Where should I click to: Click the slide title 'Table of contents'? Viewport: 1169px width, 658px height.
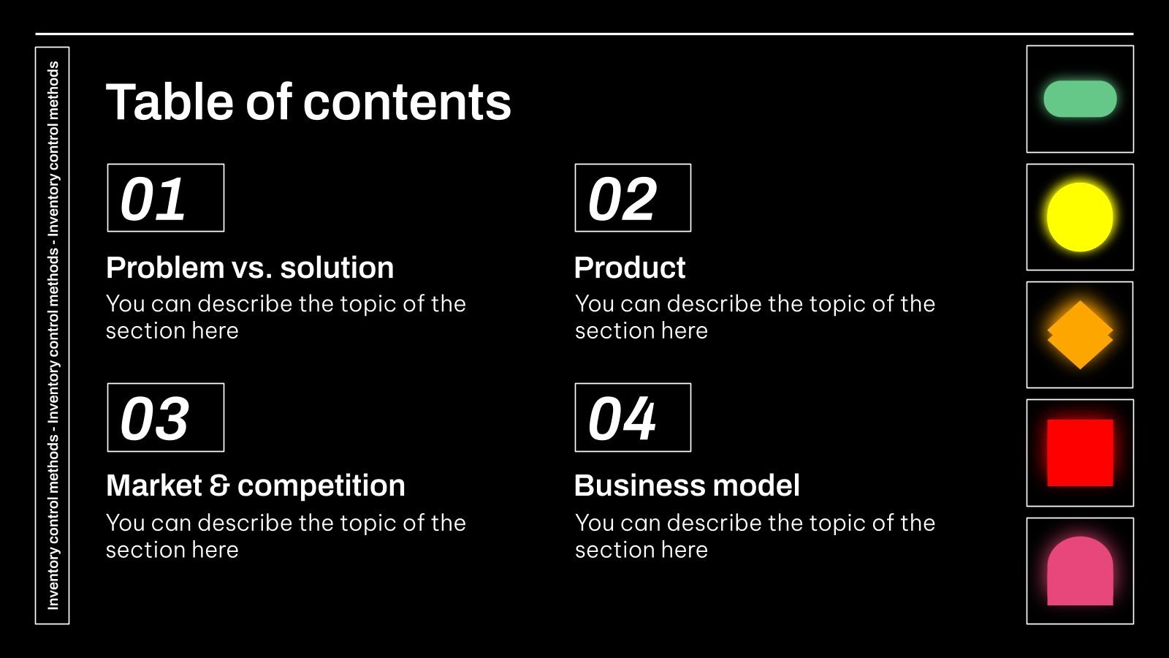pyautogui.click(x=308, y=102)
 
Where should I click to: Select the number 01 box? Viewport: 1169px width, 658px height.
pyautogui.click(x=166, y=198)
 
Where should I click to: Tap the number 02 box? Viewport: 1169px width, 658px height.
pyautogui.click(x=633, y=198)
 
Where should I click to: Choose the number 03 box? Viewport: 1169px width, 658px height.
pyautogui.click(x=166, y=417)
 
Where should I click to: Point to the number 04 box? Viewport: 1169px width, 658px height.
pyautogui.click(x=633, y=417)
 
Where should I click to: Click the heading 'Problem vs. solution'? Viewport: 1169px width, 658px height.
pyautogui.click(x=250, y=268)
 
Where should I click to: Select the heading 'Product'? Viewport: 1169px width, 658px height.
pyautogui.click(x=630, y=268)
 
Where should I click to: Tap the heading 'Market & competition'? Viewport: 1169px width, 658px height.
pyautogui.click(x=255, y=485)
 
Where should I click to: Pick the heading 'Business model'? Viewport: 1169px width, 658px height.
pyautogui.click(x=687, y=485)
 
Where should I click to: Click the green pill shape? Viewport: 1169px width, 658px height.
pyautogui.click(x=1080, y=99)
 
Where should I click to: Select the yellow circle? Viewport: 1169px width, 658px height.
pyautogui.click(x=1080, y=217)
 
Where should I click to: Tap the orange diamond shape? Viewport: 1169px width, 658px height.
pyautogui.click(x=1080, y=335)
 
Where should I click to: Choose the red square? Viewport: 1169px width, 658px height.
pyautogui.click(x=1080, y=453)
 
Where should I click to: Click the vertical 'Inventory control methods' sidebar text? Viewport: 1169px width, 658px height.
pyautogui.click(x=53, y=335)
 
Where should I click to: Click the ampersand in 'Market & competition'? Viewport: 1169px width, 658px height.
pyautogui.click(x=219, y=486)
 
